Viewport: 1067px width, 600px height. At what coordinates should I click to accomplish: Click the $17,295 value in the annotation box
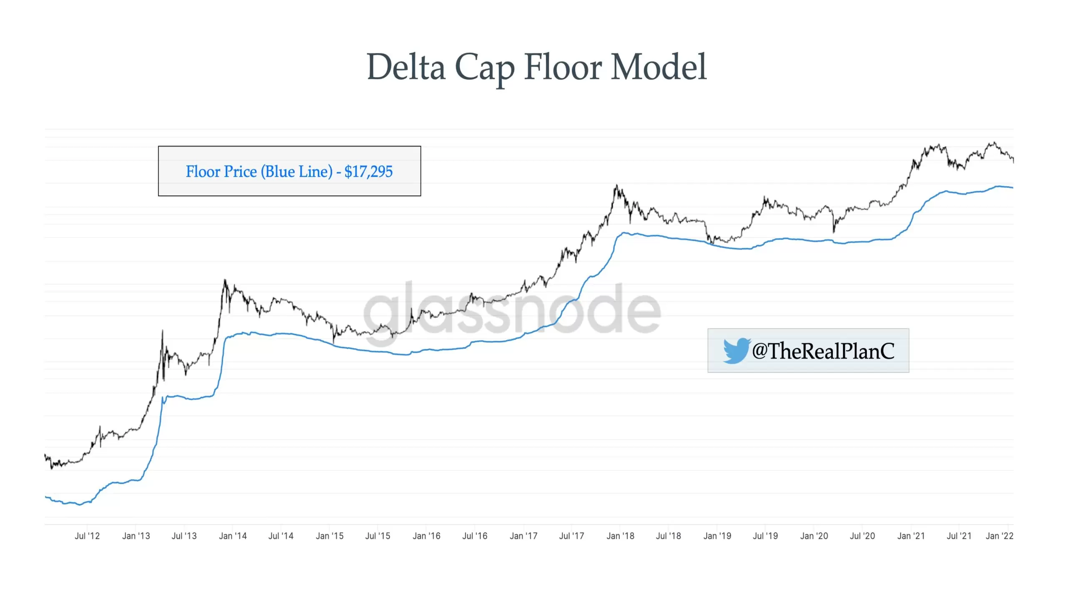[368, 171]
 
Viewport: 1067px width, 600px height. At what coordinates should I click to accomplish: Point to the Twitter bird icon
[736, 350]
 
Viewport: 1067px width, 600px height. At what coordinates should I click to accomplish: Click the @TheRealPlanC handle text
[823, 350]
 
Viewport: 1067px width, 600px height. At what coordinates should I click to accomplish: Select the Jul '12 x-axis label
[87, 536]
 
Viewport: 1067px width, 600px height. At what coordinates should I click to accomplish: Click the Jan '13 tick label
[136, 536]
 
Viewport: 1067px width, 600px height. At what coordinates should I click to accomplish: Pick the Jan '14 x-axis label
[233, 536]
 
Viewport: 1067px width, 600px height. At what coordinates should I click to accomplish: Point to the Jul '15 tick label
[378, 536]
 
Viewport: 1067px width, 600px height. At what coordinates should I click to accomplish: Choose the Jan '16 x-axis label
[426, 536]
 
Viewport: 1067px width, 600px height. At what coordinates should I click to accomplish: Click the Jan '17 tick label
[523, 536]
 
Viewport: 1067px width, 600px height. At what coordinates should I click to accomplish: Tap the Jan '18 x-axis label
[620, 536]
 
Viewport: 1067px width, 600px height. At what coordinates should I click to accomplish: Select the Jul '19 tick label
[765, 536]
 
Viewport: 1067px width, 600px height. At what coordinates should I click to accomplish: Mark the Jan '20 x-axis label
[814, 536]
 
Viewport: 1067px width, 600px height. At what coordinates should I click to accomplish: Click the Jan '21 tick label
[911, 536]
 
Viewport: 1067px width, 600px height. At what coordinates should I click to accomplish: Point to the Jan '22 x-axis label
[999, 536]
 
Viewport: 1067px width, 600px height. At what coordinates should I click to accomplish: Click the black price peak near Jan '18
[616, 186]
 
